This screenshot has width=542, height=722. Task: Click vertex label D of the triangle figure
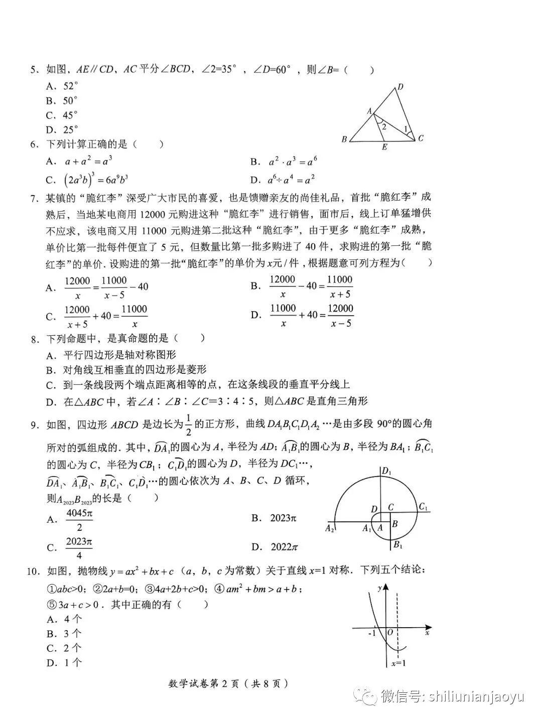point(400,87)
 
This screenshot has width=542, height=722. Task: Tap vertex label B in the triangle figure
point(344,139)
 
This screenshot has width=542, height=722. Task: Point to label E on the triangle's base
point(384,147)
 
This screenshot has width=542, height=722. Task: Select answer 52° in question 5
point(71,86)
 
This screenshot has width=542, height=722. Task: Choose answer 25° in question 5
point(71,129)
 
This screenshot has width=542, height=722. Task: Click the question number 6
point(34,145)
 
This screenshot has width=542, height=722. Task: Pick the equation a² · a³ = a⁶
point(293,162)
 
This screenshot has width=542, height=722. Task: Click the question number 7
point(34,199)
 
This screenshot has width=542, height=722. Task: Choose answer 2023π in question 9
point(284,518)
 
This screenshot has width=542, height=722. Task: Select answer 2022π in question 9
point(285,547)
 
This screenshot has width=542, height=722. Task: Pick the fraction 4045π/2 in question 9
point(79,520)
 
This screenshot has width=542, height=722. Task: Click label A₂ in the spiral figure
point(330,528)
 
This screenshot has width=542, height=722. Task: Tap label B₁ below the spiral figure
point(397,545)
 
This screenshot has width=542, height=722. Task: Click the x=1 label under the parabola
point(398,663)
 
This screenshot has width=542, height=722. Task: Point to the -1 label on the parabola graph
point(371,633)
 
